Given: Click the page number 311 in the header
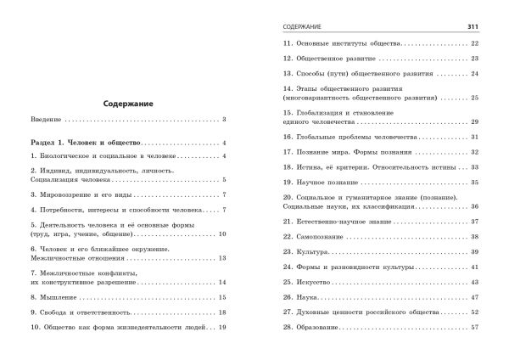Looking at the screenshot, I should [474, 26].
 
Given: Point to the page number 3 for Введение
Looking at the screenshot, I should [224, 121].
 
